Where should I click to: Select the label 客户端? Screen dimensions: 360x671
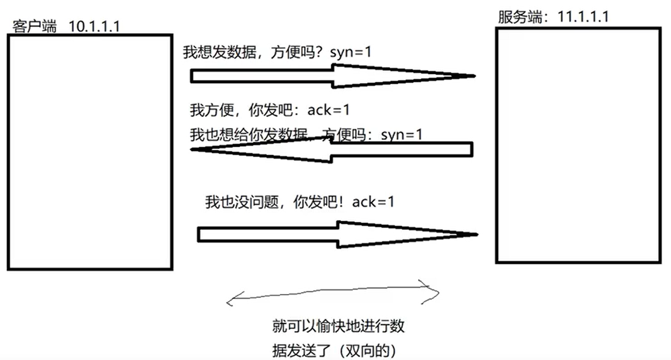coord(35,26)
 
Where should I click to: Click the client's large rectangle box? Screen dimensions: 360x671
coord(89,151)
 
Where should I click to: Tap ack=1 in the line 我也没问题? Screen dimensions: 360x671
coord(373,202)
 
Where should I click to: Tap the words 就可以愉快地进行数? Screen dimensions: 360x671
coord(339,326)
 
